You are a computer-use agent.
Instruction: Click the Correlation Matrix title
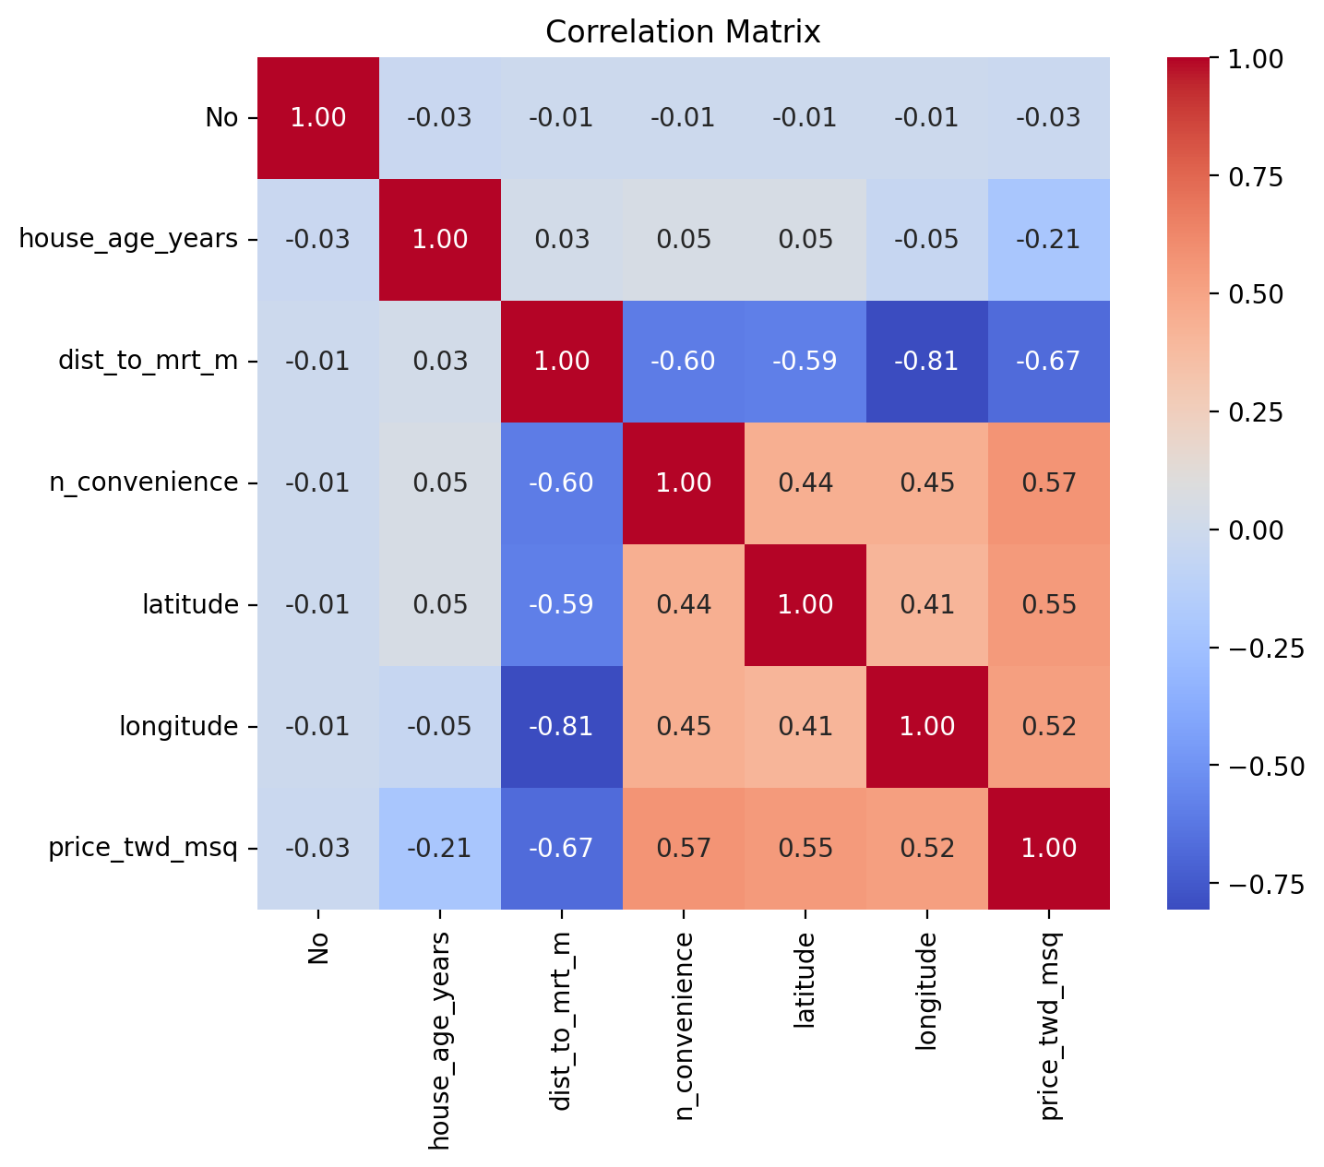682,31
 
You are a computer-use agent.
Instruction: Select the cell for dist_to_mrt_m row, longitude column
926,362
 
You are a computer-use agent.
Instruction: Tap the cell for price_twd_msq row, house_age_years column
440,848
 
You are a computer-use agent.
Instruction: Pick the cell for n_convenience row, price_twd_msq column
1049,482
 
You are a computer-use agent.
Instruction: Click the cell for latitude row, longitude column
926,605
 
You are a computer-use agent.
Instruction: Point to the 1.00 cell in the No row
318,117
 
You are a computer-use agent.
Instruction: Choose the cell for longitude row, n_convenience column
684,727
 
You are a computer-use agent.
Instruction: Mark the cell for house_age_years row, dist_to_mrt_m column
562,240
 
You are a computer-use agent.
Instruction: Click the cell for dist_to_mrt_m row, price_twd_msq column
1049,362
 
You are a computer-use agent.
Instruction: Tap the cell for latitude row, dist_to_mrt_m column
562,605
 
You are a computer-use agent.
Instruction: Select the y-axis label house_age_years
128,239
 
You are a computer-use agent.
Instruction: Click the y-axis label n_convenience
144,482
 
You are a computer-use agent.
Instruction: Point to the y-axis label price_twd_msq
143,848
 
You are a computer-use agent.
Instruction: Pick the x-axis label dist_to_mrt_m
561,1021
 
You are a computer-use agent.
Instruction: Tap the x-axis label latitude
805,980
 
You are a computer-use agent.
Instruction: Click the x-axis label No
317,948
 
